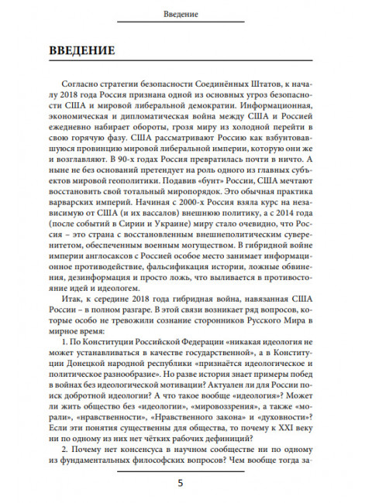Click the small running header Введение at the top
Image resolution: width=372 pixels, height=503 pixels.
click(x=185, y=14)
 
